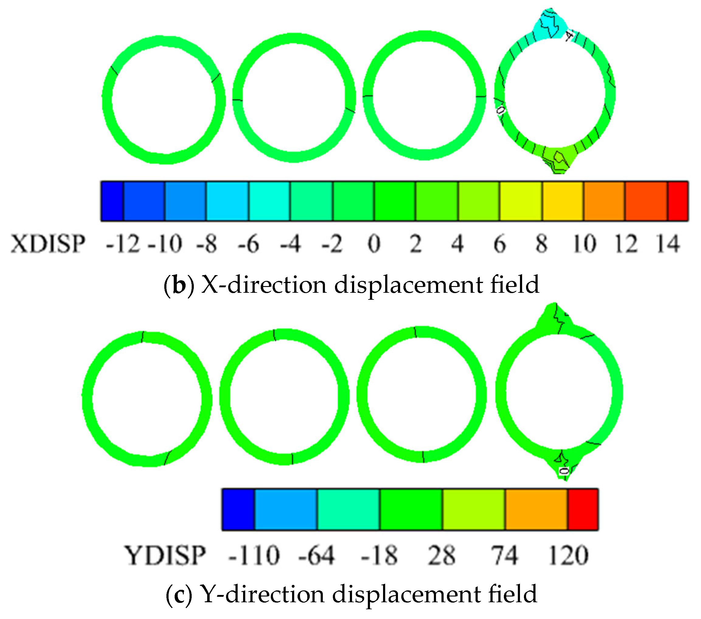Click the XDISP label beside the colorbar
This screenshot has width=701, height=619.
coord(48,244)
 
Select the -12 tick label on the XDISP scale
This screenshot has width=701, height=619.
coord(123,244)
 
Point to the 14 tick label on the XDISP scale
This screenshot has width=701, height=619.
coord(668,244)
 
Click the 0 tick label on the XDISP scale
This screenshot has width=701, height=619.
coord(374,244)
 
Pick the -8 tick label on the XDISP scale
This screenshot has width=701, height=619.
coord(207,244)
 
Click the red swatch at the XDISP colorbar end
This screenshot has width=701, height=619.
coord(678,201)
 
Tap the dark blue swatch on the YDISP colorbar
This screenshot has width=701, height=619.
coord(238,509)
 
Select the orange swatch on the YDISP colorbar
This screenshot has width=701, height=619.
coord(536,509)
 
